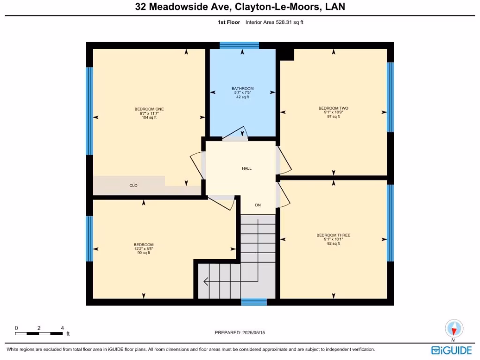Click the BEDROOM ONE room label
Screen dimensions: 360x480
pyautogui.click(x=149, y=109)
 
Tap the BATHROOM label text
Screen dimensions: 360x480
pyautogui.click(x=242, y=89)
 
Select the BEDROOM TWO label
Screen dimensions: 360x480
pyautogui.click(x=333, y=108)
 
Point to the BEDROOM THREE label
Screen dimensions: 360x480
pyautogui.click(x=333, y=235)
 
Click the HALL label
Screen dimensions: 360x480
pyautogui.click(x=247, y=168)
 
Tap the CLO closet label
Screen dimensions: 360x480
pyautogui.click(x=134, y=186)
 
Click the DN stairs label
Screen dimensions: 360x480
pyautogui.click(x=258, y=205)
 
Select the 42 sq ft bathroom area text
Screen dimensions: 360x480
pyautogui.click(x=242, y=97)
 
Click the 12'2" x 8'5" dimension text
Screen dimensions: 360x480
pyautogui.click(x=143, y=249)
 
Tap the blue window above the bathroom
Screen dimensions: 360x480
pyautogui.click(x=239, y=45)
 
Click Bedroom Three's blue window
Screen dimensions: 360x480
pyautogui.click(x=390, y=223)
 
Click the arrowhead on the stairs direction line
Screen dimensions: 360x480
pyautogui.click(x=205, y=282)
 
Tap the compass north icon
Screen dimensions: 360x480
pyautogui.click(x=453, y=328)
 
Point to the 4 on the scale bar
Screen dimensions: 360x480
pyautogui.click(x=62, y=328)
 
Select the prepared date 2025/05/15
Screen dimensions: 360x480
pyautogui.click(x=257, y=332)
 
